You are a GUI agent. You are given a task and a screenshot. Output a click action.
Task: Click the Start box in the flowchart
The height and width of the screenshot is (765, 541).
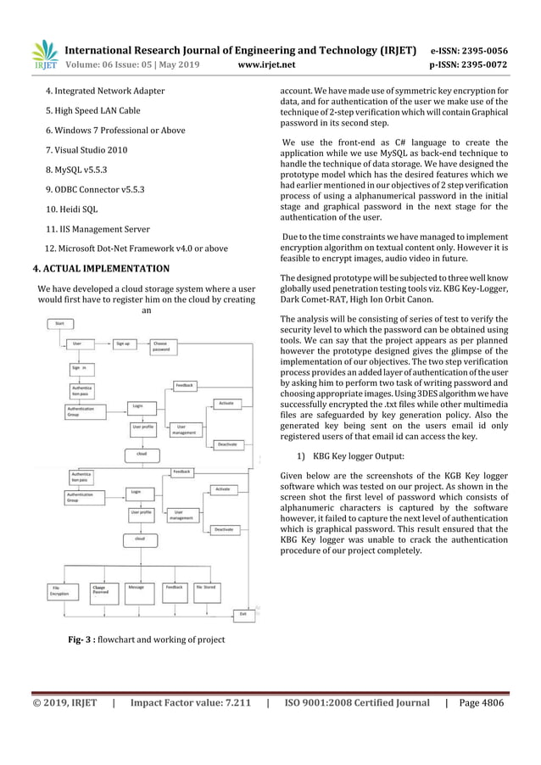coord(60,323)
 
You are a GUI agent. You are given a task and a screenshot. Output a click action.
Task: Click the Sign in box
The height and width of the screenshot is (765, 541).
coord(85,369)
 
